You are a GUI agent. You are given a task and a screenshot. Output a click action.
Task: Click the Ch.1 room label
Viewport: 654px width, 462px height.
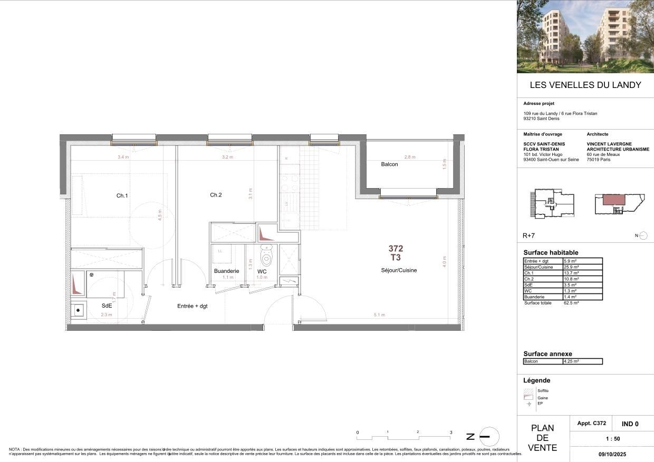(x=122, y=195)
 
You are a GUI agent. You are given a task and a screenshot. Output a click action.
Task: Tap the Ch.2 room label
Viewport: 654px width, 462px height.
(x=216, y=195)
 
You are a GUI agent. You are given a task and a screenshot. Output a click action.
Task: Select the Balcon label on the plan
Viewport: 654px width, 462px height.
(x=389, y=164)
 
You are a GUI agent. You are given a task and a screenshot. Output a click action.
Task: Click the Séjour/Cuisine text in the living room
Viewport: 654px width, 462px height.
(x=399, y=270)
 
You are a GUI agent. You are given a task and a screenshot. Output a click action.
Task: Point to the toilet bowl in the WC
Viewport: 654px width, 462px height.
(x=266, y=258)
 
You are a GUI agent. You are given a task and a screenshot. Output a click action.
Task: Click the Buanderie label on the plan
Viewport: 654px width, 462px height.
(x=226, y=271)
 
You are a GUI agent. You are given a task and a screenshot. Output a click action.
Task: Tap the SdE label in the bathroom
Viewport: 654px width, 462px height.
(x=107, y=306)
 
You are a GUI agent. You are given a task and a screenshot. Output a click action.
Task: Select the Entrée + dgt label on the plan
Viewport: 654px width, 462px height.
(x=192, y=306)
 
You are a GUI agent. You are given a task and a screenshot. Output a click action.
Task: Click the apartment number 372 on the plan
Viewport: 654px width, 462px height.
(x=396, y=248)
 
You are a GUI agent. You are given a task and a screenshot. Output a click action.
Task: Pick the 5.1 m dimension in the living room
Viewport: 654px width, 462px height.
(x=379, y=315)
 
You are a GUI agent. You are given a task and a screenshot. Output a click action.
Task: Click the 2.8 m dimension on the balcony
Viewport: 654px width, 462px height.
(x=410, y=157)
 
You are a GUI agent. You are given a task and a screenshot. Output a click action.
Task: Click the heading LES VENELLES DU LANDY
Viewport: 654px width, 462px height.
(x=585, y=85)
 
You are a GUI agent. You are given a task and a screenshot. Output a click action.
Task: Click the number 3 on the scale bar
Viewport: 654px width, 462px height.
(x=450, y=432)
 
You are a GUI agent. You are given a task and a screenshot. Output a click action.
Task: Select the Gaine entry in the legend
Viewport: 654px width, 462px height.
(x=542, y=398)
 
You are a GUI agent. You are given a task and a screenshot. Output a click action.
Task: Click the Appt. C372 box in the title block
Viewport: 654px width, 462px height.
(x=591, y=424)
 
